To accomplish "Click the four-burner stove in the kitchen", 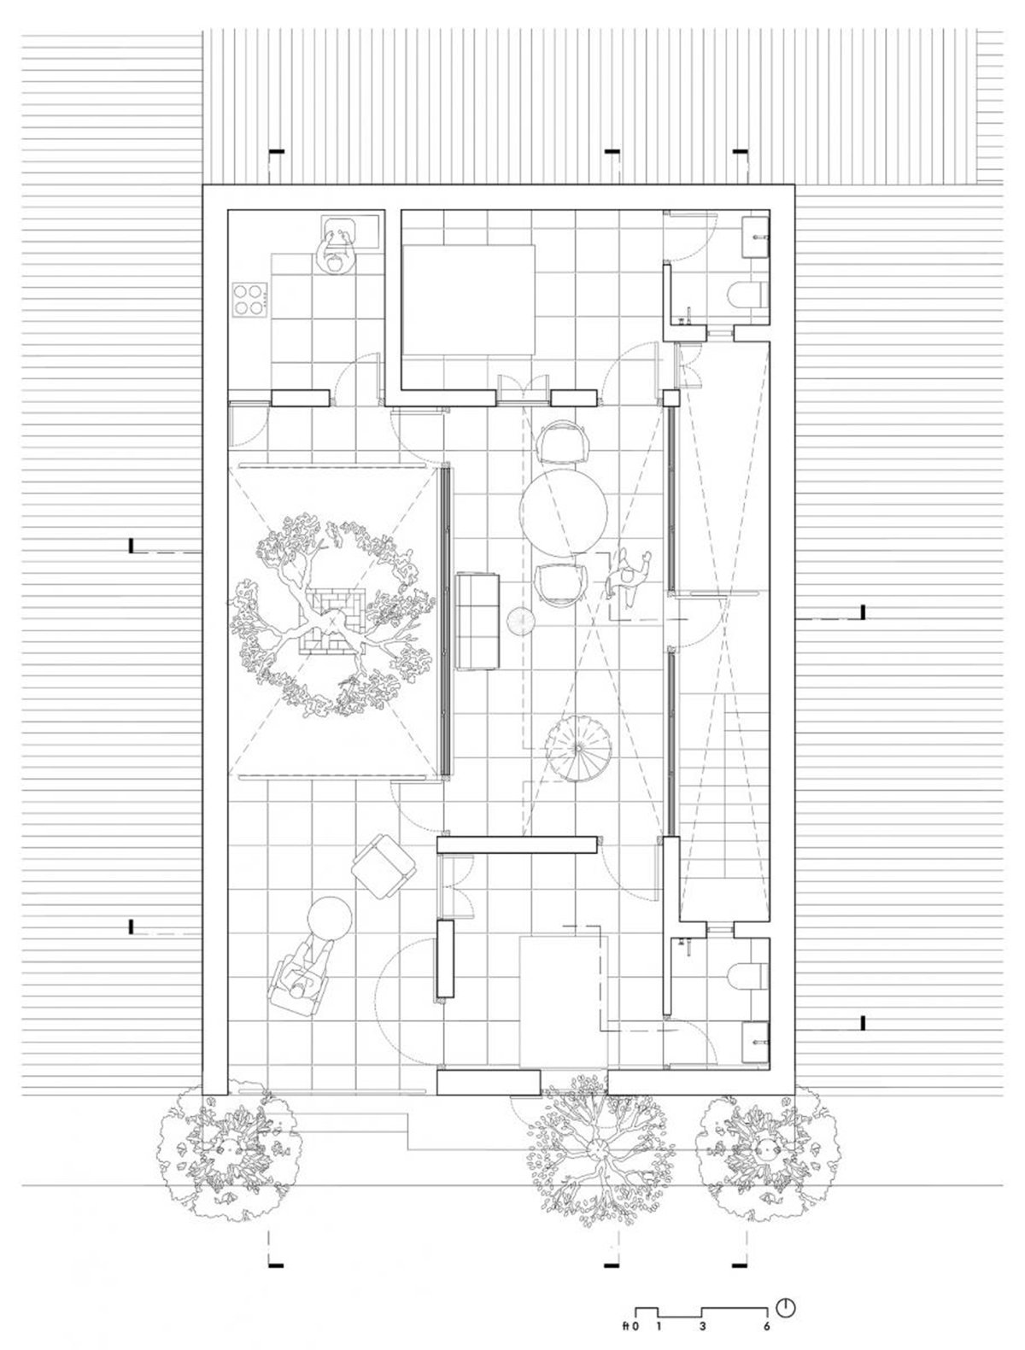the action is coord(250,300).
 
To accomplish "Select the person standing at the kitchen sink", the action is coord(336,248).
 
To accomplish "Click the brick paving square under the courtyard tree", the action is coord(332,621).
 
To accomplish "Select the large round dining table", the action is coord(564,513).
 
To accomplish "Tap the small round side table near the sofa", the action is coord(522,621).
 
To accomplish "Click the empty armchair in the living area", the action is coord(384,865).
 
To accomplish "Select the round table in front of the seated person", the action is coord(329,919).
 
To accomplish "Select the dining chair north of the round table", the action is coord(564,441).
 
